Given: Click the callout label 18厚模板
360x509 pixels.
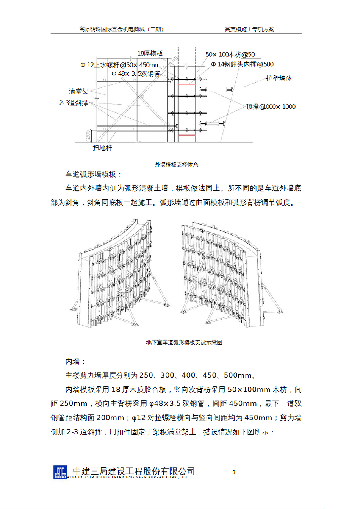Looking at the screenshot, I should click(150, 54).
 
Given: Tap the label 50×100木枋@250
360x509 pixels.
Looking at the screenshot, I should click(230, 55).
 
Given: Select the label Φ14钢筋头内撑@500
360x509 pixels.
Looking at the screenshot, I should click(243, 64).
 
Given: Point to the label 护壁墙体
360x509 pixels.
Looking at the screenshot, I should click(279, 79).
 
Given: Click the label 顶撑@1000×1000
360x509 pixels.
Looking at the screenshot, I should click(271, 107).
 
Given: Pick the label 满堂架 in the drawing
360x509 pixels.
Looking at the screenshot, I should click(78, 91).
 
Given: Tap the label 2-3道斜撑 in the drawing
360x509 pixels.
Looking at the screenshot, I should click(74, 103).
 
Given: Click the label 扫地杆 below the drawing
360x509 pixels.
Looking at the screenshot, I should click(102, 148).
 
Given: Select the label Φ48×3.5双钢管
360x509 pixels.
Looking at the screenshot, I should click(136, 73).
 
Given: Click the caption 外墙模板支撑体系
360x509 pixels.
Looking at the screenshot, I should click(176, 165).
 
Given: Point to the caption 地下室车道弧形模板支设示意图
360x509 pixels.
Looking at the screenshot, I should click(184, 342).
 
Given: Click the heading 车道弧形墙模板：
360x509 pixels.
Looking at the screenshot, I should click(94, 174).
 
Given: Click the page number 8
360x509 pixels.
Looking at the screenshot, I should click(233, 472).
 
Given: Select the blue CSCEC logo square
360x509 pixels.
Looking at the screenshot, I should click(60, 472).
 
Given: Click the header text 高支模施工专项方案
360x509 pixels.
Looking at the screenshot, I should click(249, 29).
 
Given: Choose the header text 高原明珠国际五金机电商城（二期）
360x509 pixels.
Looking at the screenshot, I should click(122, 29).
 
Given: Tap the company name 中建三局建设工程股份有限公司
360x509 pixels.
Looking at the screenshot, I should click(134, 471).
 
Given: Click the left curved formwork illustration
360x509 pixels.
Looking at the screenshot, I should click(119, 273).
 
